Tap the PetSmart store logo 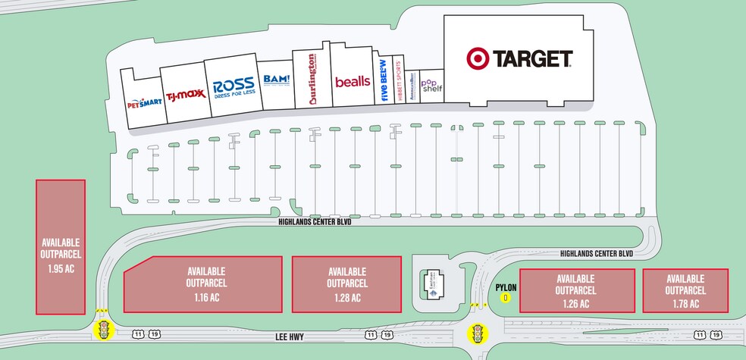point(144,102)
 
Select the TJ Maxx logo point(182,95)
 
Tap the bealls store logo point(352,80)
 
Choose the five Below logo point(384,81)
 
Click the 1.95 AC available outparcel point(61,246)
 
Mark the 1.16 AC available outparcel point(203,283)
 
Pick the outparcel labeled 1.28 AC point(347,283)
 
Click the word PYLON point(505,288)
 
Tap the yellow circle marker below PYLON point(505,298)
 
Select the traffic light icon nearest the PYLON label point(478,331)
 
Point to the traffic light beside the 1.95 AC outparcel point(102,328)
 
